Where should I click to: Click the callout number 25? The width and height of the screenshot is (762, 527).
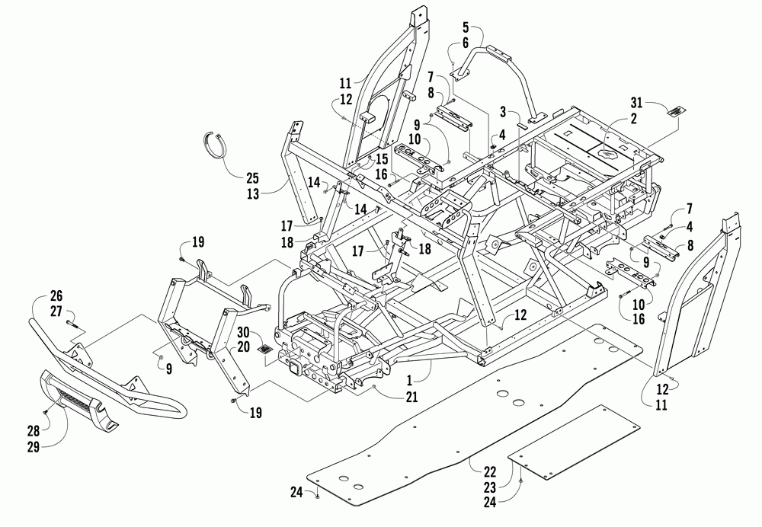(251, 177)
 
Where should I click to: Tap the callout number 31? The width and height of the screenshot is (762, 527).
(636, 103)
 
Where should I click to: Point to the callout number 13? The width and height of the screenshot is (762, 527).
(252, 193)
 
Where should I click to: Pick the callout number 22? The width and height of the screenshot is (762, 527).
(490, 471)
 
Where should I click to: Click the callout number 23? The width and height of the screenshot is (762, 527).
(490, 487)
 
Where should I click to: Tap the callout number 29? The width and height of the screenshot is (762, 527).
(34, 446)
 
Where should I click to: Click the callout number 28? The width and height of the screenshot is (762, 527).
(34, 430)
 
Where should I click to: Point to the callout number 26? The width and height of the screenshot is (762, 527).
(56, 295)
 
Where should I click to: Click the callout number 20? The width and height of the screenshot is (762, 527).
(244, 347)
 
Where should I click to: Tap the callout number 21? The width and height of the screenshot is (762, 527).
(411, 397)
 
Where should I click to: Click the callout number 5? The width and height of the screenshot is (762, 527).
(465, 27)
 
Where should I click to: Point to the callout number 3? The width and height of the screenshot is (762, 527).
(504, 112)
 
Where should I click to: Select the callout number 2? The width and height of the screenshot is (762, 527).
(633, 118)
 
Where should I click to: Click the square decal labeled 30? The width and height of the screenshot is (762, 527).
(265, 350)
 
